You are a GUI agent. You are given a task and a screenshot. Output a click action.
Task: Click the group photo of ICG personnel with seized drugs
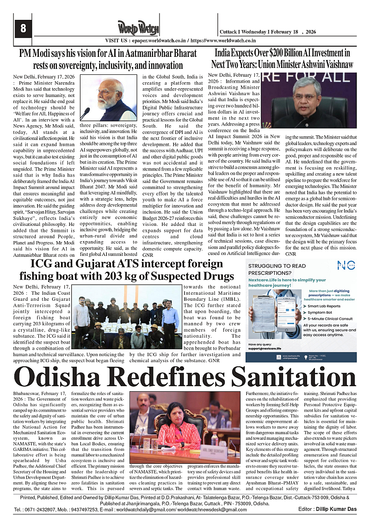click(125, 318)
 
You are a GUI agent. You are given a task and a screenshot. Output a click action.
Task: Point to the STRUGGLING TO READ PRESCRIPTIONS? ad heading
click(277, 269)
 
